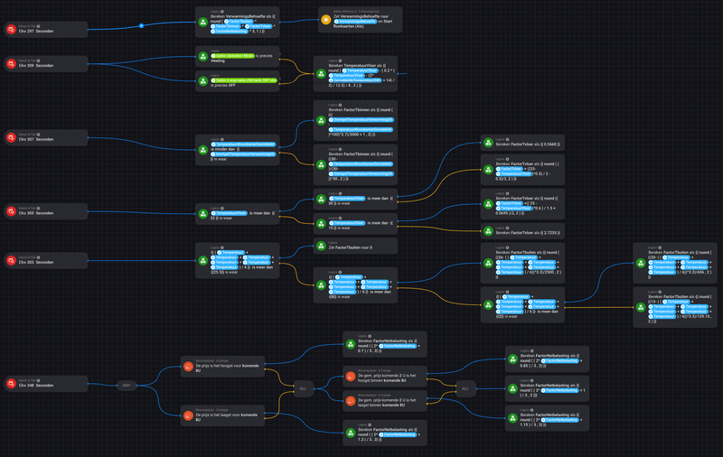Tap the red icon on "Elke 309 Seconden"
coord(12,65)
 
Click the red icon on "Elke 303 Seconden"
coord(12,263)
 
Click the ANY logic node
coord(128,386)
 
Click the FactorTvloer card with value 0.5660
coord(522,144)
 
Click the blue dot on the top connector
coord(142,25)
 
